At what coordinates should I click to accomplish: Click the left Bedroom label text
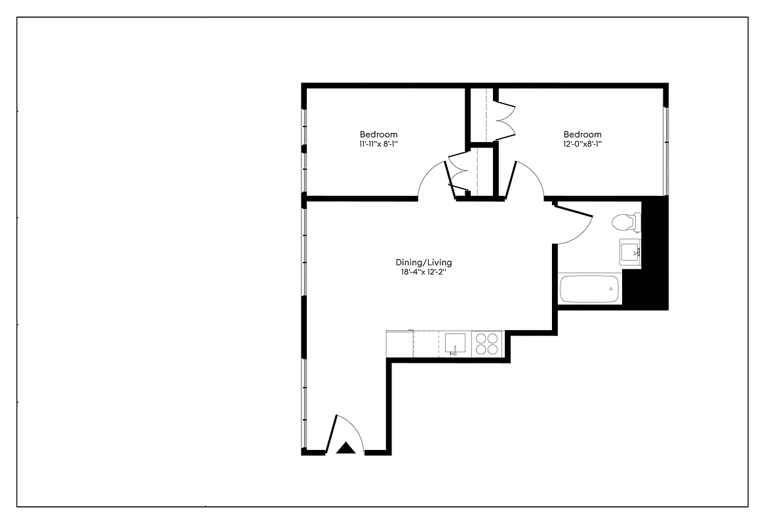378,134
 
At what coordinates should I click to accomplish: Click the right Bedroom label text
582,134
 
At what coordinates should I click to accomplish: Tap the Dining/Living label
424,263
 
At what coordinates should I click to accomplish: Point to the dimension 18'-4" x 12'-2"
424,272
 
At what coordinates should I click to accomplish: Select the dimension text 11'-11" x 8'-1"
378,143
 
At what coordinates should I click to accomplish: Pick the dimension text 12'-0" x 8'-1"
582,143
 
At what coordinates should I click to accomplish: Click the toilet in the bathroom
625,223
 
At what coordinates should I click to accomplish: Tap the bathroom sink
631,252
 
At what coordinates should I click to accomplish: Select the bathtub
589,290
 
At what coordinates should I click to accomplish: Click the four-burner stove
486,344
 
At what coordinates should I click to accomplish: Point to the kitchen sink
455,343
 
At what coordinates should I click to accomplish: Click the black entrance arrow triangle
345,448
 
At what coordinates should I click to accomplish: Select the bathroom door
573,223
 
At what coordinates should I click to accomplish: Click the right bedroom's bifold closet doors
505,119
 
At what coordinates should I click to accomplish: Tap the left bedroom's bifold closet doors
457,174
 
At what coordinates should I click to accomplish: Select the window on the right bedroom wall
666,151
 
